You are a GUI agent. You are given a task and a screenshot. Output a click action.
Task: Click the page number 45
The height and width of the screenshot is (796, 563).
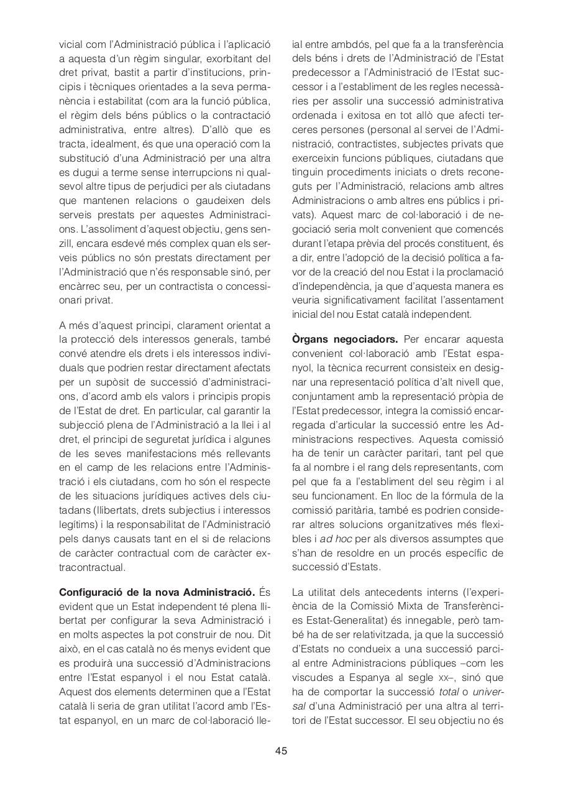coord(281,751)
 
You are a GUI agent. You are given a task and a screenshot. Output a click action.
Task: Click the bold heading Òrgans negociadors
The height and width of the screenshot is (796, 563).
coord(345,339)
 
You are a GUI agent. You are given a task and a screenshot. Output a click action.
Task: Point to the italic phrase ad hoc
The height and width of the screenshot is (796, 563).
coord(336,539)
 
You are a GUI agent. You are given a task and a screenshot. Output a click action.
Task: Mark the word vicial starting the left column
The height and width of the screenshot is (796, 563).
coord(70,45)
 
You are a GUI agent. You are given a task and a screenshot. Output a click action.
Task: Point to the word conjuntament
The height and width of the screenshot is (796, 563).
coord(321,396)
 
